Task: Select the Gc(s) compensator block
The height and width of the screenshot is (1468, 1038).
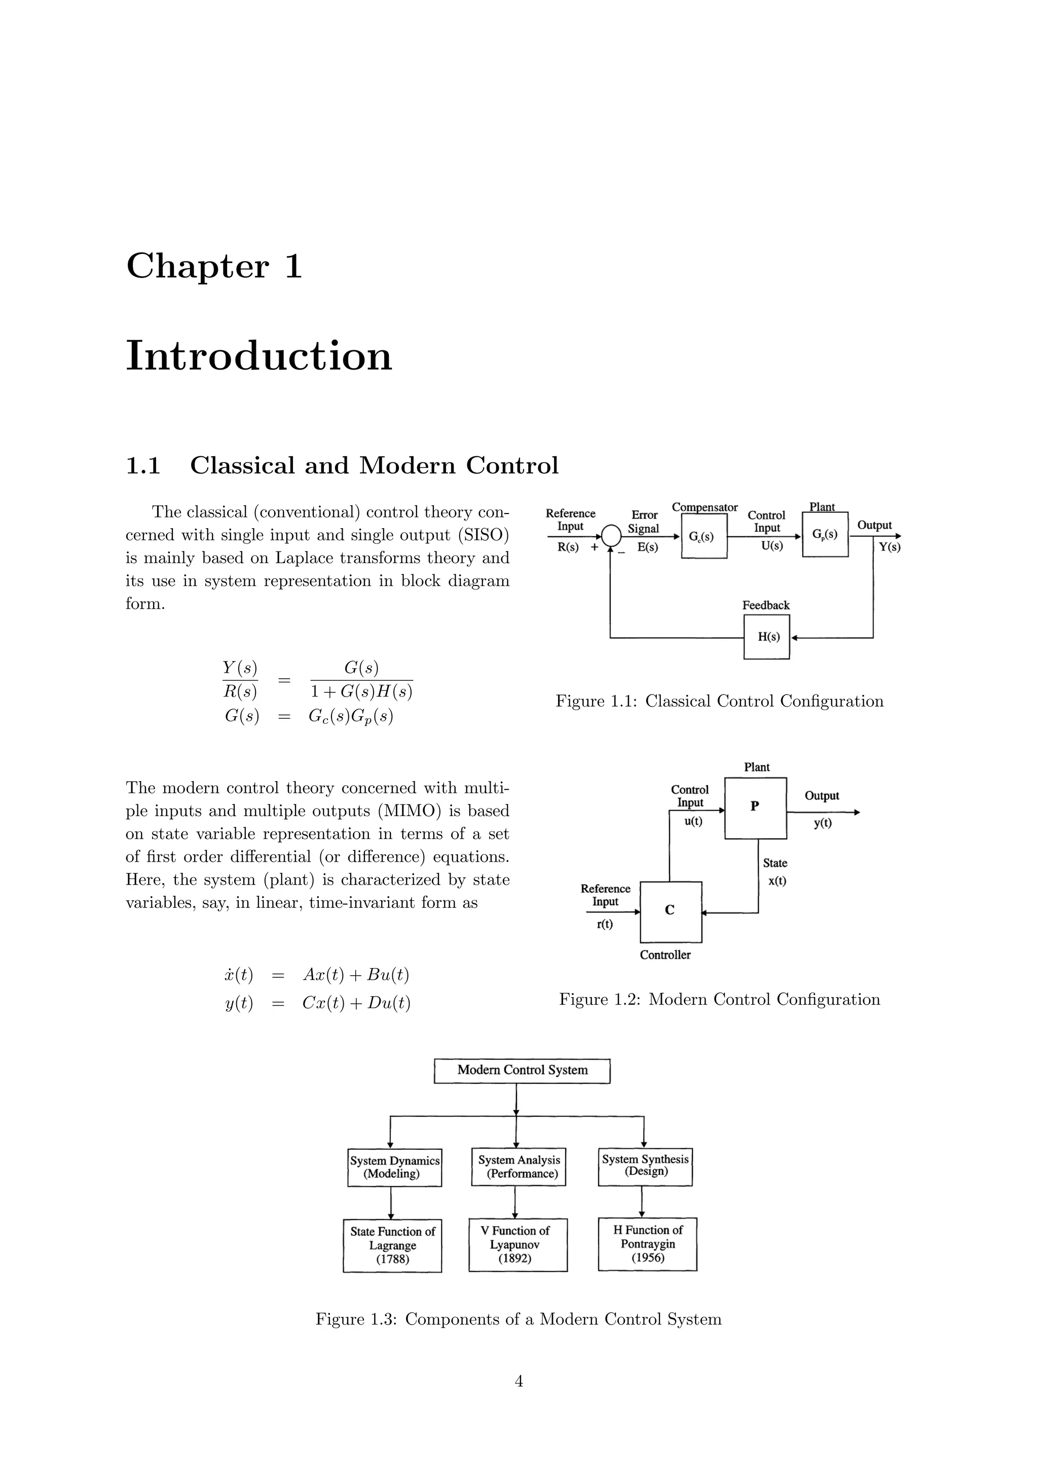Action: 703,536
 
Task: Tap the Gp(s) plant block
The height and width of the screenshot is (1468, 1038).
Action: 825,534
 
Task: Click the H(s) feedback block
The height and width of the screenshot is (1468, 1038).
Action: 766,637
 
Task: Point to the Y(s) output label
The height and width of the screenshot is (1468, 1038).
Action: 889,547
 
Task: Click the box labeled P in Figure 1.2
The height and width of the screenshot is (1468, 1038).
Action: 755,808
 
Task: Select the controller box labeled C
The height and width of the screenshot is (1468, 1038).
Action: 671,912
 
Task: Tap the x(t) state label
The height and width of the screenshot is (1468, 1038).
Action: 777,881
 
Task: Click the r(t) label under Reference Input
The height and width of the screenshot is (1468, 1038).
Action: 604,924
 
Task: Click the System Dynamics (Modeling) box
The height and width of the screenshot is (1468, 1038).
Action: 394,1167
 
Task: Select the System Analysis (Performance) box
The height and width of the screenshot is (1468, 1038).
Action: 518,1167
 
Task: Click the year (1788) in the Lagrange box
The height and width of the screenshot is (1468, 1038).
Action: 392,1260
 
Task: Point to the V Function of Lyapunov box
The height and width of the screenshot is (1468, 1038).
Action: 517,1244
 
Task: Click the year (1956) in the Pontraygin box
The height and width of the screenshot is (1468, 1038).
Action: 647,1258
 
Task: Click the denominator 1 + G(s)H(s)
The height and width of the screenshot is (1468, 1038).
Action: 361,692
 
